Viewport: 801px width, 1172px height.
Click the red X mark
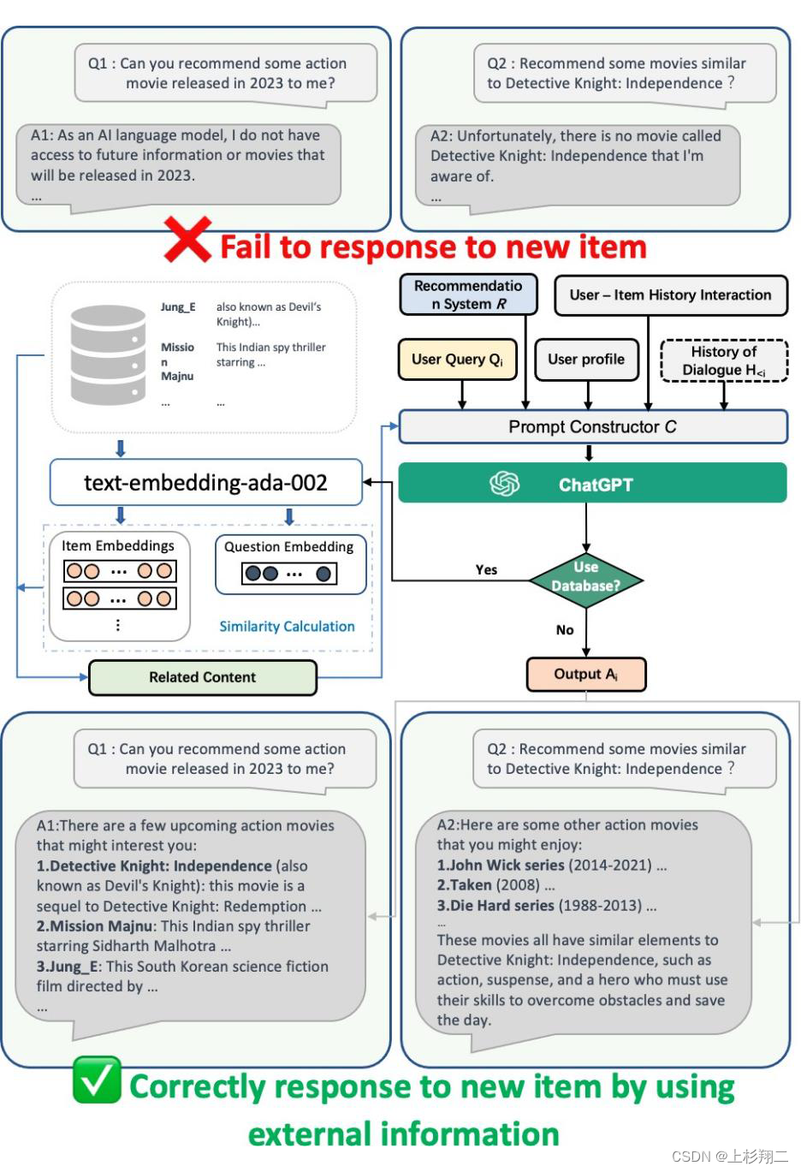[187, 240]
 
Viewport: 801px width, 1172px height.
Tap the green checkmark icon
[97, 1080]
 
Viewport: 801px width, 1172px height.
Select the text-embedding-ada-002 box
[205, 483]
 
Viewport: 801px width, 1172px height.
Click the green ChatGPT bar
[592, 484]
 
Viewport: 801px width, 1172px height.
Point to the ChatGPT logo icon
[504, 484]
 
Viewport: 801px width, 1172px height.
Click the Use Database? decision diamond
[586, 577]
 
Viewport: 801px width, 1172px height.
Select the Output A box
[586, 675]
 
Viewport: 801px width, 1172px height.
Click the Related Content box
[203, 677]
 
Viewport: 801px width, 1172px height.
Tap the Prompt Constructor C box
[593, 426]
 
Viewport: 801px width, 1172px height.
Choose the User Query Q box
[458, 360]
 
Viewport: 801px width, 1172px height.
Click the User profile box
[586, 360]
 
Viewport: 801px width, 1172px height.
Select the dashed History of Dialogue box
[724, 360]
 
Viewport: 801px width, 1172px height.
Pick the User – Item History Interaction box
[670, 295]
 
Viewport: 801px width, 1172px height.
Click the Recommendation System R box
[468, 294]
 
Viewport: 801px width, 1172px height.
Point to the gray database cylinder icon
[108, 354]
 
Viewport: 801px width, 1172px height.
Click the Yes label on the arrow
[486, 570]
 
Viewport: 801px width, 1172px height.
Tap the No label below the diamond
[565, 630]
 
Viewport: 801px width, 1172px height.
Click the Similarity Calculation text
[287, 627]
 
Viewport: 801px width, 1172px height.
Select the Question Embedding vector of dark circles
[289, 574]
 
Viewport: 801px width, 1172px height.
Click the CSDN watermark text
[729, 1157]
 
